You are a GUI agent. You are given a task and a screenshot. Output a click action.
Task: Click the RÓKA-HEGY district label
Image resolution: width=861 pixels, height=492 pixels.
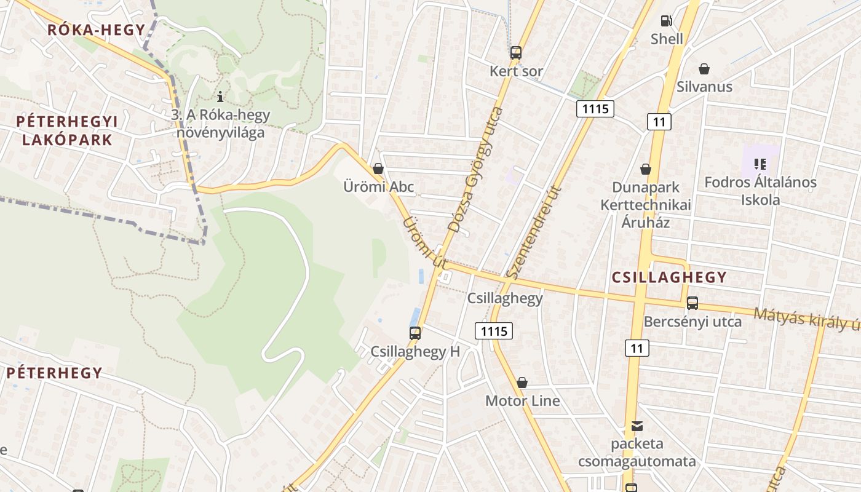(97, 30)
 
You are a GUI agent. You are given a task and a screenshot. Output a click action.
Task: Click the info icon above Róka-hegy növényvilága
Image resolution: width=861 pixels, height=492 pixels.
(220, 97)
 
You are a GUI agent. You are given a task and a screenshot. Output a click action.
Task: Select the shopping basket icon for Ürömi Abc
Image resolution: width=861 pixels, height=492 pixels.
(378, 169)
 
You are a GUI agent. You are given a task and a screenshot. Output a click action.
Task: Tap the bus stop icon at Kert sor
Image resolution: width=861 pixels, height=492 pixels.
(516, 53)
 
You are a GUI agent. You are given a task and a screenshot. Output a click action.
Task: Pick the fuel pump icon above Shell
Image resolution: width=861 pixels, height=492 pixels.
(666, 21)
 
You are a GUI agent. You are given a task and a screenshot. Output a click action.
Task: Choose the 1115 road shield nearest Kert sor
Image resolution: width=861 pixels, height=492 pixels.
(595, 109)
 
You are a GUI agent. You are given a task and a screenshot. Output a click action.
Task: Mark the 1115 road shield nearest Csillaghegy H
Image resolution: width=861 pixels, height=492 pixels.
(494, 331)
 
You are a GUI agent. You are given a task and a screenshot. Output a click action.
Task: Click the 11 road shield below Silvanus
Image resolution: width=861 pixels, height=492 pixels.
(659, 121)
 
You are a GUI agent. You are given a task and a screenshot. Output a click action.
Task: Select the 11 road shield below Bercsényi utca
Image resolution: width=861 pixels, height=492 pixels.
(637, 348)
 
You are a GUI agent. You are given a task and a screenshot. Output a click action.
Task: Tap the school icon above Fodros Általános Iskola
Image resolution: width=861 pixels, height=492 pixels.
(760, 164)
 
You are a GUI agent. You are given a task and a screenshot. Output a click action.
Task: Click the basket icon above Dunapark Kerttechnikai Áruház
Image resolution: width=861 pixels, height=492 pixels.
(646, 169)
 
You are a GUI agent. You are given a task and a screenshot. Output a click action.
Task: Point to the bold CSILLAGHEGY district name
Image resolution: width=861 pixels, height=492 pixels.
(669, 277)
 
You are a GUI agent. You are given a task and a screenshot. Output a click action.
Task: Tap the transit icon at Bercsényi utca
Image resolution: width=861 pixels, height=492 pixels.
(692, 303)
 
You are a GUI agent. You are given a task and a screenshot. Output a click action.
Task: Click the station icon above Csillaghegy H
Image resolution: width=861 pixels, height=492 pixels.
(415, 333)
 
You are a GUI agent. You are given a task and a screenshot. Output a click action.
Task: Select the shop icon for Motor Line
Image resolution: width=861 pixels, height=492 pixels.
(522, 383)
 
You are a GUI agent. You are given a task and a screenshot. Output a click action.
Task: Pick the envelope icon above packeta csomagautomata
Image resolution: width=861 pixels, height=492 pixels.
(637, 426)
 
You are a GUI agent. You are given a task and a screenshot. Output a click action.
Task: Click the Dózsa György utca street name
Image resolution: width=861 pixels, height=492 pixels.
(475, 170)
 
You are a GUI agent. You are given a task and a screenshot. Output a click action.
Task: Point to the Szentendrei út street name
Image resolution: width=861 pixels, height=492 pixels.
(533, 232)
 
